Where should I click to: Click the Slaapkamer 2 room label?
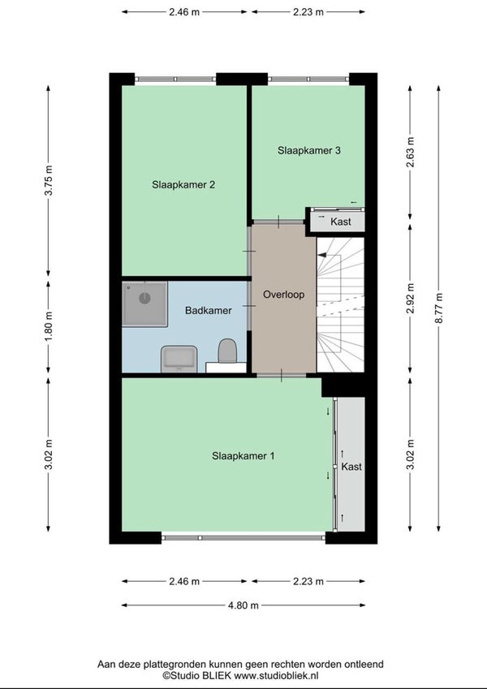click(183, 185)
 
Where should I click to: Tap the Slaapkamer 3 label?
click(309, 151)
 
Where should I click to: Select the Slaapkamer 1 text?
click(243, 456)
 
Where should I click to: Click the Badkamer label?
click(209, 311)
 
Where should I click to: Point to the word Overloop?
click(283, 295)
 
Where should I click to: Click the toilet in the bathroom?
click(227, 351)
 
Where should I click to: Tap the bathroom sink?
click(179, 359)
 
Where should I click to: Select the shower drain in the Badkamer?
click(144, 299)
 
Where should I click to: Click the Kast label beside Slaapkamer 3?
click(341, 222)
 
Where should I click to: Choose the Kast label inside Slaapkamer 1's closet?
click(351, 467)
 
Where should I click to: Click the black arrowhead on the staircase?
click(322, 255)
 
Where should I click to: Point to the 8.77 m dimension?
click(438, 308)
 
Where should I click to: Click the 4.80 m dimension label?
click(243, 605)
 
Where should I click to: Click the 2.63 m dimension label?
click(410, 153)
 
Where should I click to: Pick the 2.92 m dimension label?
click(410, 299)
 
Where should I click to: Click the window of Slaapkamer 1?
click(243, 537)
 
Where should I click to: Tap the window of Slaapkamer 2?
click(175, 79)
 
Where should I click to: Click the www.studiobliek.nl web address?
click(276, 676)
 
